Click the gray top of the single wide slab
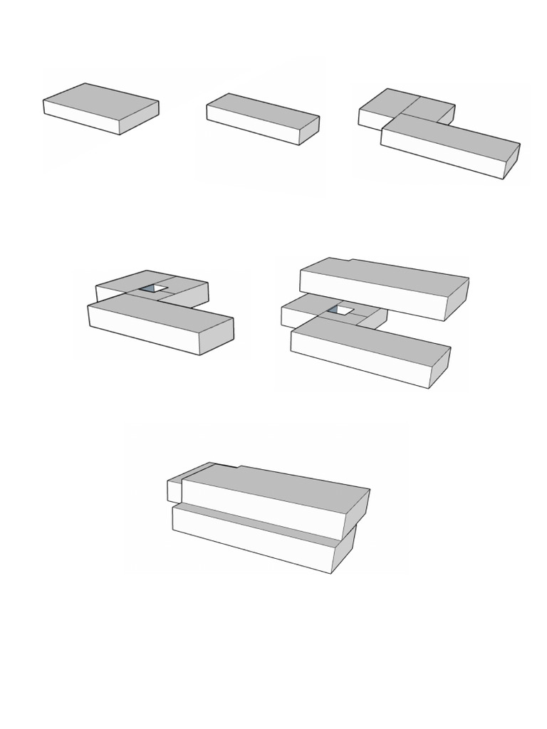pyautogui.click(x=100, y=100)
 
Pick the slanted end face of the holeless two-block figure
pyautogui.click(x=511, y=161)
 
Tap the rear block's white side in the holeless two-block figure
pyautogui.click(x=369, y=119)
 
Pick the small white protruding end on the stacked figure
pyautogui.click(x=174, y=491)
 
